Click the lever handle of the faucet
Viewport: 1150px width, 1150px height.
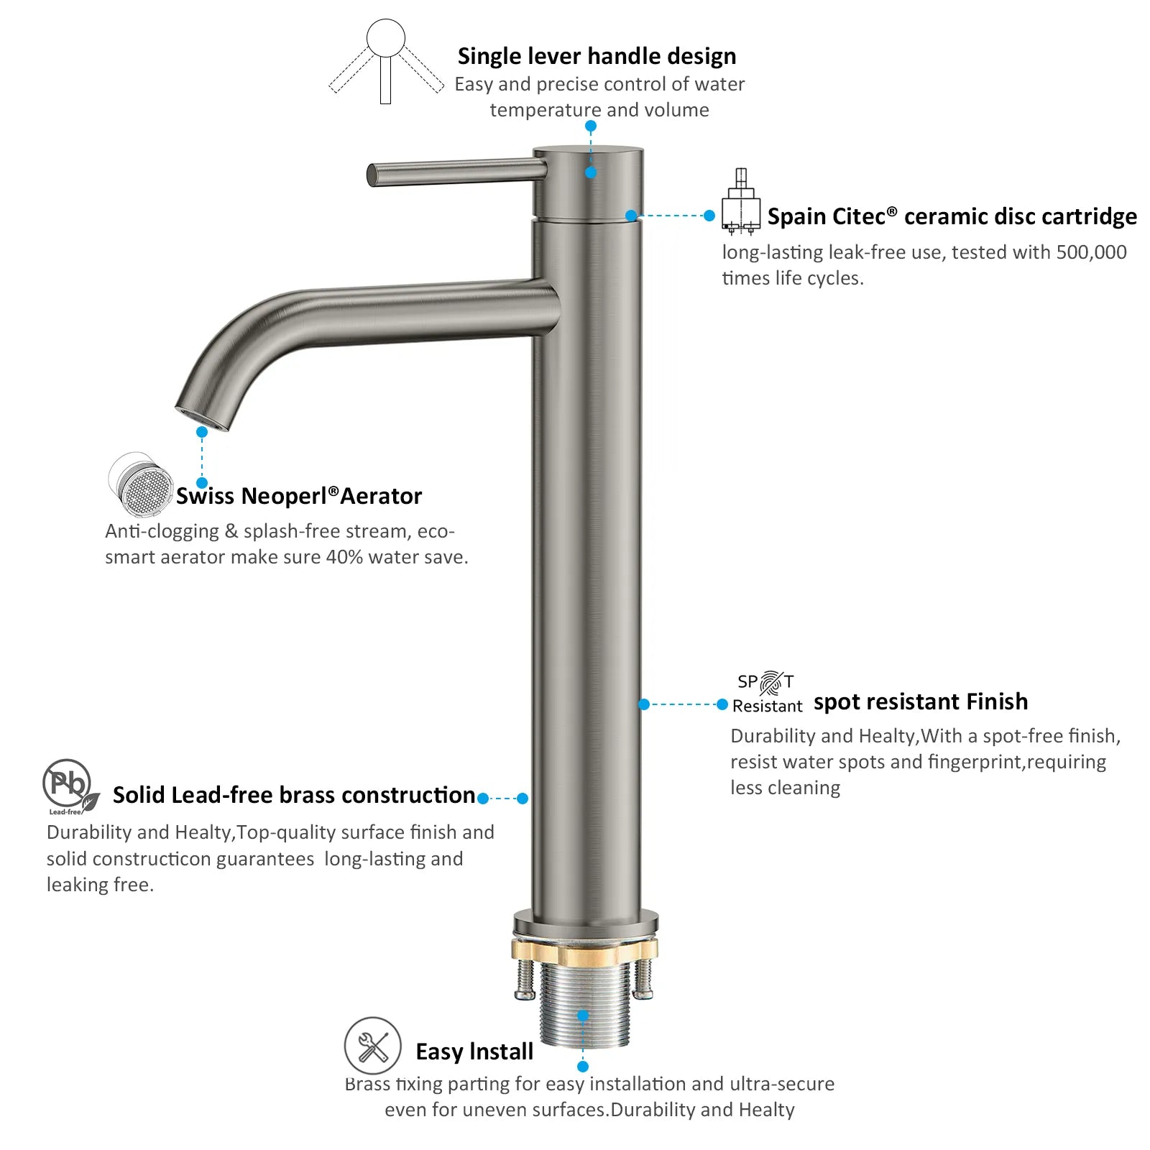click(x=457, y=173)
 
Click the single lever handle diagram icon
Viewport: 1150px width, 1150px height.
click(x=386, y=62)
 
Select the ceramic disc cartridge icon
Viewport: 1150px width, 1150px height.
click(x=741, y=202)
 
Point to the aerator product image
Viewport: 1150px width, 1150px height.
click(x=141, y=484)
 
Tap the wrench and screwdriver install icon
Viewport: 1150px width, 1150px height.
click(x=372, y=1046)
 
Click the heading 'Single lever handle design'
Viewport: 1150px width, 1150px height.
click(x=597, y=56)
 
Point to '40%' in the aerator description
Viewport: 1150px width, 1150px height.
click(x=344, y=557)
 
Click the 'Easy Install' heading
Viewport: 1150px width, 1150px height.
click(x=474, y=1052)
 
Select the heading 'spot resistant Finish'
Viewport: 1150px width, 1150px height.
click(x=921, y=701)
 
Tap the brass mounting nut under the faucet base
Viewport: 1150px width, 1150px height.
click(x=584, y=951)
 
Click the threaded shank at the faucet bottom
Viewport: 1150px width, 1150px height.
click(x=584, y=1006)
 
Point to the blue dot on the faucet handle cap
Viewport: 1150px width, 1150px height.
click(x=591, y=172)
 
